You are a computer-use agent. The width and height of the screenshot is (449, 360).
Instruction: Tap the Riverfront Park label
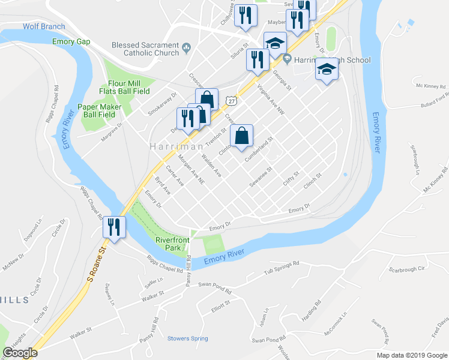(x=172, y=242)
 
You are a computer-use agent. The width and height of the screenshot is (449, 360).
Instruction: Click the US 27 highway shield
(x=231, y=100)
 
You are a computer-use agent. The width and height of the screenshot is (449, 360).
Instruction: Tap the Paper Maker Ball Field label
(x=100, y=110)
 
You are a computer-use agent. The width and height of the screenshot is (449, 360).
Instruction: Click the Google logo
(x=20, y=353)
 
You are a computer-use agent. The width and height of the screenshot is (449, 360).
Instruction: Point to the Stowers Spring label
(x=187, y=338)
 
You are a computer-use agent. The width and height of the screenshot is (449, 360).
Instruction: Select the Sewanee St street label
(x=261, y=176)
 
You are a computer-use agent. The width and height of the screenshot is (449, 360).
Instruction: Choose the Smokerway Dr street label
(x=163, y=104)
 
